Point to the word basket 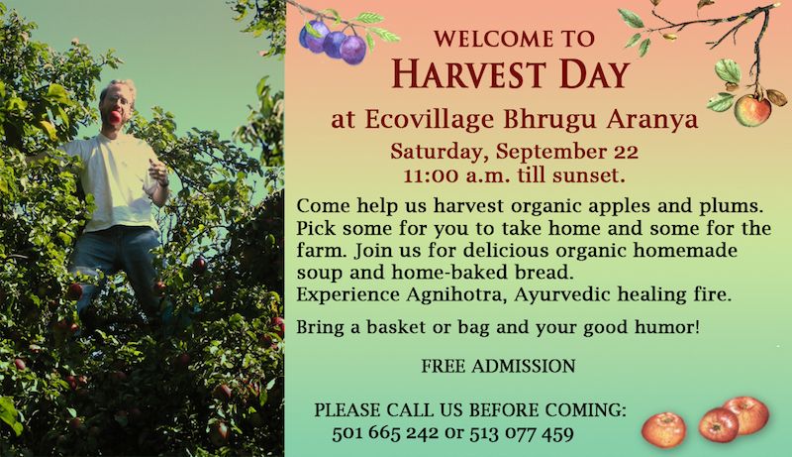click(396, 327)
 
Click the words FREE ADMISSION click(499, 366)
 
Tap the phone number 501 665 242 click(385, 433)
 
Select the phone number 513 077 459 click(522, 433)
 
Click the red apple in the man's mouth click(115, 117)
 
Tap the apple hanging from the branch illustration click(752, 111)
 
